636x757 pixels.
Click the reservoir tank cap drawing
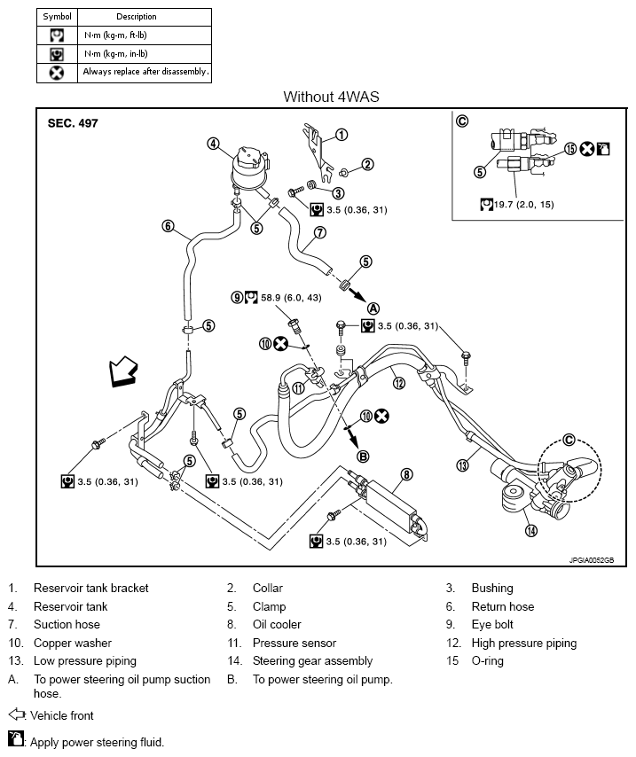(249, 160)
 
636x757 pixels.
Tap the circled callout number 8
(407, 474)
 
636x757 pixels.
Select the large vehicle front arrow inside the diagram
(123, 371)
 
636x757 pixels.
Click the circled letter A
(373, 308)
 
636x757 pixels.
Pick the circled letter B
(363, 457)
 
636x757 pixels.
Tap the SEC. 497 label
(73, 123)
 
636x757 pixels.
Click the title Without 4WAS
(331, 97)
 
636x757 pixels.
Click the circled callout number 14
(531, 531)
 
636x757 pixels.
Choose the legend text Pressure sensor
(294, 643)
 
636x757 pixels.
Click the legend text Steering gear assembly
(313, 661)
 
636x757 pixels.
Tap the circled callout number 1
(342, 135)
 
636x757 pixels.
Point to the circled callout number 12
(398, 383)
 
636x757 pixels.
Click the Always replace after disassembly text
(146, 72)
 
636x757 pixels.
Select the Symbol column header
(57, 17)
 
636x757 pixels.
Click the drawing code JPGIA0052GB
(592, 560)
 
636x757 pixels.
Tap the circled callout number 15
(570, 149)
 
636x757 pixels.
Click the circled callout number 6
(168, 226)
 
